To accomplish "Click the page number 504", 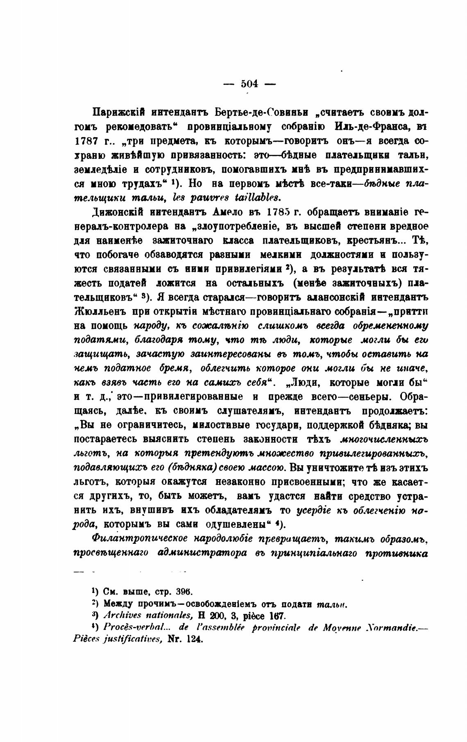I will pyautogui.click(x=249, y=84).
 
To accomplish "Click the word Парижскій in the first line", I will pyautogui.click(x=116, y=112).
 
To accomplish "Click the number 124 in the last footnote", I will pyautogui.click(x=194, y=639).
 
